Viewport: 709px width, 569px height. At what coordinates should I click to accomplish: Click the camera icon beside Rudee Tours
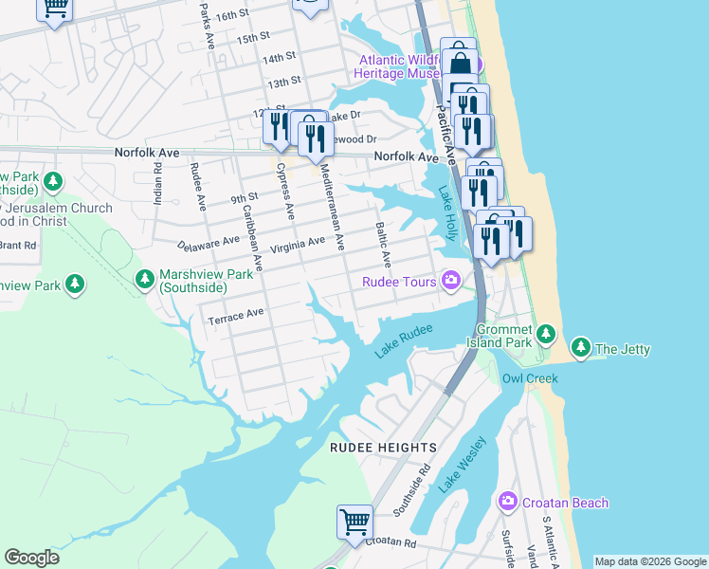450,281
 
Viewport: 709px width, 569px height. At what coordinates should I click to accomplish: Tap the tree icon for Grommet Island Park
545,334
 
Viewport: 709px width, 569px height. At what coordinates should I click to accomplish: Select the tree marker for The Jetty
580,349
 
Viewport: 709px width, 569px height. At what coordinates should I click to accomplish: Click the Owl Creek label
530,378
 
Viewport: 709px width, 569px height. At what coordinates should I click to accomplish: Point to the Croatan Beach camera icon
507,502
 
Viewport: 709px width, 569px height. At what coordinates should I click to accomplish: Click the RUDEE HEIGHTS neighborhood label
383,447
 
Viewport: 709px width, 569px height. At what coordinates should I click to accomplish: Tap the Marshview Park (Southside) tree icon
145,279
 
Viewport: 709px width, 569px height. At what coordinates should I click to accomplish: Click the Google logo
31,558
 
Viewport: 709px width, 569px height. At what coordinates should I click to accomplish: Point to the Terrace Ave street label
235,314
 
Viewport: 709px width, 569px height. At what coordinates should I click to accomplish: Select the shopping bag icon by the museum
459,61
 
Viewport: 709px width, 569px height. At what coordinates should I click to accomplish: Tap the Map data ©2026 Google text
649,561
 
